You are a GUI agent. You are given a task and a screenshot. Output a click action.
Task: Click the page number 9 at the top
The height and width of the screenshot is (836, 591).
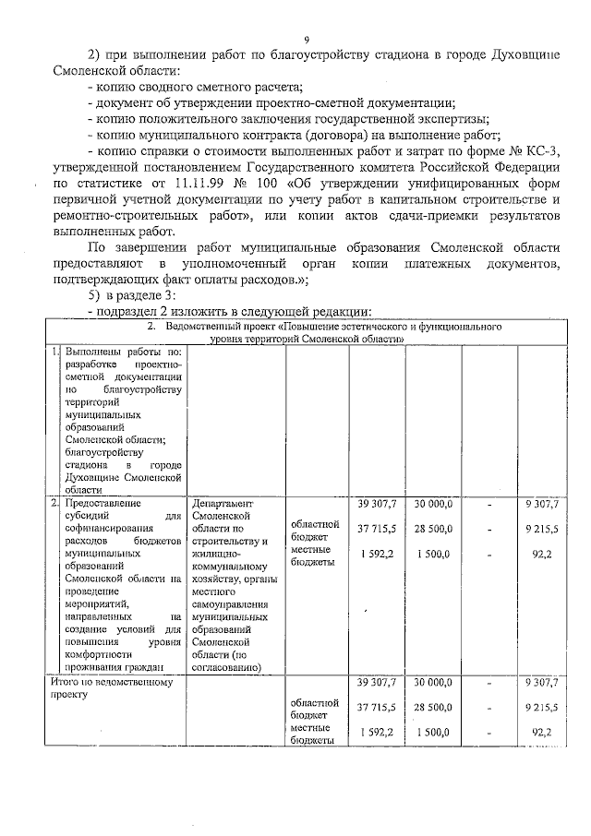click(307, 38)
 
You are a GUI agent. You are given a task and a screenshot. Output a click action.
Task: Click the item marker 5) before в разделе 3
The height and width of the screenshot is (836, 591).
click(94, 294)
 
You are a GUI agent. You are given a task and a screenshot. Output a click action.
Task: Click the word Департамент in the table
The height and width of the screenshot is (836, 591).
click(222, 503)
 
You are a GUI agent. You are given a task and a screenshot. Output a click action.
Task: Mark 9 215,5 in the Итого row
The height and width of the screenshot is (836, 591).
click(540, 707)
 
